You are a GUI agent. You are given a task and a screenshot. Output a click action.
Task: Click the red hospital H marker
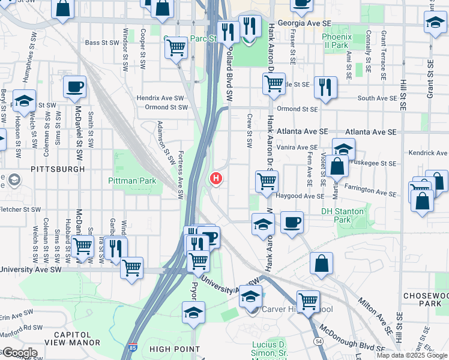(216, 179)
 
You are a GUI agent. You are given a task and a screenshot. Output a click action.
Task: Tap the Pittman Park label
(132, 181)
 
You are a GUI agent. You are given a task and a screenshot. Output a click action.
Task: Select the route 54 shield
(318, 340)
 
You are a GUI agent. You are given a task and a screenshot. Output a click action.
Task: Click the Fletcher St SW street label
(20, 209)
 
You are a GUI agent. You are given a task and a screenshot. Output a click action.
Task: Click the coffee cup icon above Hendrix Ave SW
(74, 86)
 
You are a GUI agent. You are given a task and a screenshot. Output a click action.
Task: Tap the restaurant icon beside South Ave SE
(325, 87)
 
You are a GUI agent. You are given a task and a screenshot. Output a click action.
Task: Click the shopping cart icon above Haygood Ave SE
(266, 181)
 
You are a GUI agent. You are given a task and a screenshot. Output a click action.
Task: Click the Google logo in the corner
(19, 352)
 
